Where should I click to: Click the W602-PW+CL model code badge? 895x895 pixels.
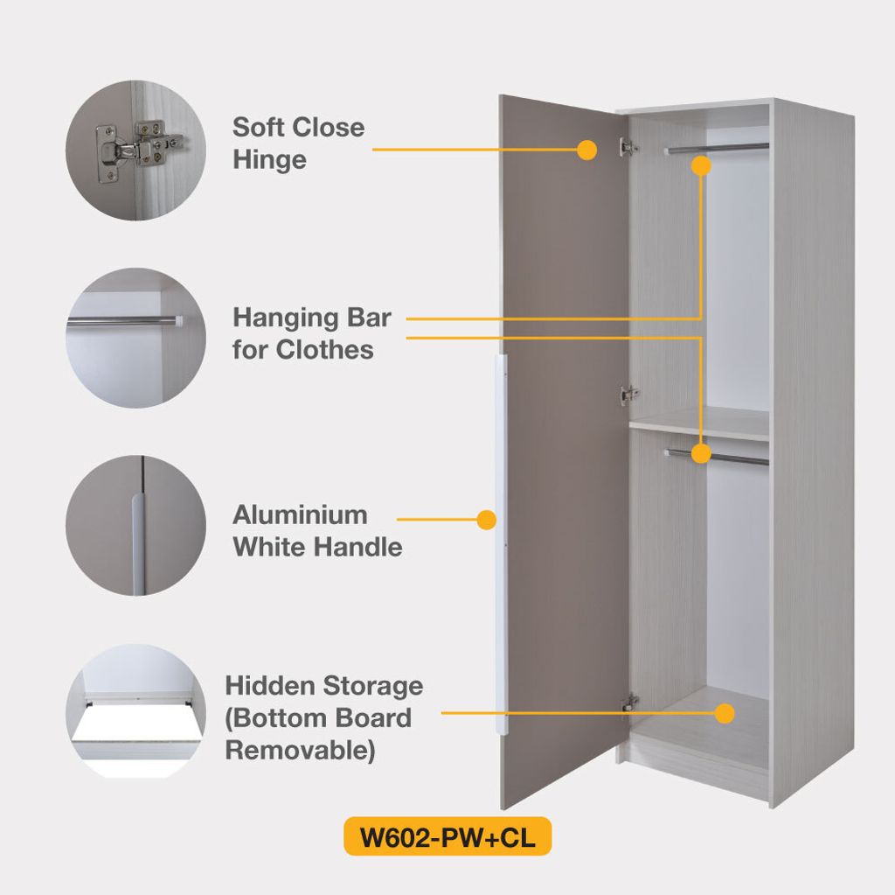point(447,836)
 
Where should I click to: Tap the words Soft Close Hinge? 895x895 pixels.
point(298,143)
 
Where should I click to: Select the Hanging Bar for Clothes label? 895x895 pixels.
point(311,333)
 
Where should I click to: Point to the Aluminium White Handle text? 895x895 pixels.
point(317,531)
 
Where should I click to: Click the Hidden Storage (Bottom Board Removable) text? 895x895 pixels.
point(323,717)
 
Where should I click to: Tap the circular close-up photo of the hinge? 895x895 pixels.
point(135,150)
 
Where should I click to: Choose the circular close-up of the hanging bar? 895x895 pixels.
point(135,338)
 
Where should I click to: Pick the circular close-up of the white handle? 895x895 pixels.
point(135,526)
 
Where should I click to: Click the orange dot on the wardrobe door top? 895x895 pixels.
point(587,150)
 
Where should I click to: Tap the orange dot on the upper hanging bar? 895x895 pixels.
point(701,164)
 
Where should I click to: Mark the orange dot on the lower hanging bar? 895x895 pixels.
point(701,453)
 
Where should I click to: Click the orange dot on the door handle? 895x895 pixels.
point(487,521)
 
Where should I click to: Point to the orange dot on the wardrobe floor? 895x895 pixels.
point(724,713)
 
